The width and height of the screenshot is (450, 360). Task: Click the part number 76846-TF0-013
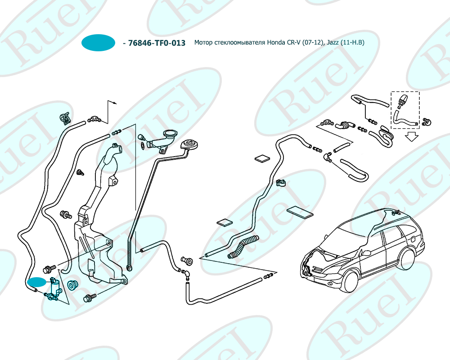tap(157, 43)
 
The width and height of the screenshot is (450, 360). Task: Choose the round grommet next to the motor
tap(72, 285)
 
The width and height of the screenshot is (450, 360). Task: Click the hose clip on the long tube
tap(281, 183)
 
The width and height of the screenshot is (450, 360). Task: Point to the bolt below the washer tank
tap(90, 297)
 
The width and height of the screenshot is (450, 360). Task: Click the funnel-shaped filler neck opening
tap(170, 134)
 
